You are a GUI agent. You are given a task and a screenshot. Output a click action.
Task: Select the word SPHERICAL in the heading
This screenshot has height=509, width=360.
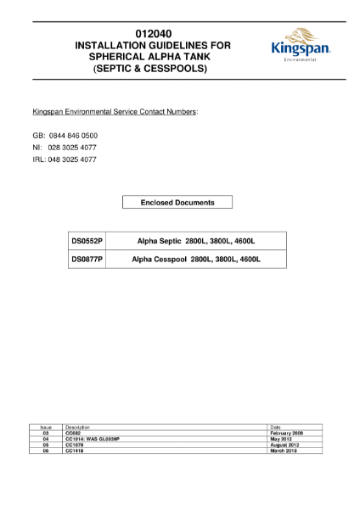tap(106, 56)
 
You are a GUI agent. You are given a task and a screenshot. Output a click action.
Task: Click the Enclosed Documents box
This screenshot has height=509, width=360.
tap(177, 203)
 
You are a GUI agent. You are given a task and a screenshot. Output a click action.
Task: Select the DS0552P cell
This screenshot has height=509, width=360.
tap(87, 241)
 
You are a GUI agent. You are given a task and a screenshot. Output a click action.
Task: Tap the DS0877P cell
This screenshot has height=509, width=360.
tap(87, 259)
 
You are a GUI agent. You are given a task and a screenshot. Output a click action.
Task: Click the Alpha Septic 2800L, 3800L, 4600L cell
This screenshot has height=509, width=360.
tap(195, 241)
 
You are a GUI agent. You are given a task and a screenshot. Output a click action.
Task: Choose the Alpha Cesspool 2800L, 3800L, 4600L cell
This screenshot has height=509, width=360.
tap(195, 259)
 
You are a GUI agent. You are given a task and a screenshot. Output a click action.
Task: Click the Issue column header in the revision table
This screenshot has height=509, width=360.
tap(47, 427)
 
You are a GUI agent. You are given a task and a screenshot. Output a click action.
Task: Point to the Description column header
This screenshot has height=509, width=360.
tap(77, 427)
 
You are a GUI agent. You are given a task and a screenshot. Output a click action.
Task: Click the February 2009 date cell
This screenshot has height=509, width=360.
tap(286, 433)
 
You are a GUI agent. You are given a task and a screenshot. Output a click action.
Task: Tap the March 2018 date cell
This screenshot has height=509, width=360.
tap(283, 450)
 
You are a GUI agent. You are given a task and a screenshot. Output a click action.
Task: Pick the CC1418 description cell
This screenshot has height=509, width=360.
tap(75, 450)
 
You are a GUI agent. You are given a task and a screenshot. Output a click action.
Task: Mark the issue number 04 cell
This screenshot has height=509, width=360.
tap(47, 439)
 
